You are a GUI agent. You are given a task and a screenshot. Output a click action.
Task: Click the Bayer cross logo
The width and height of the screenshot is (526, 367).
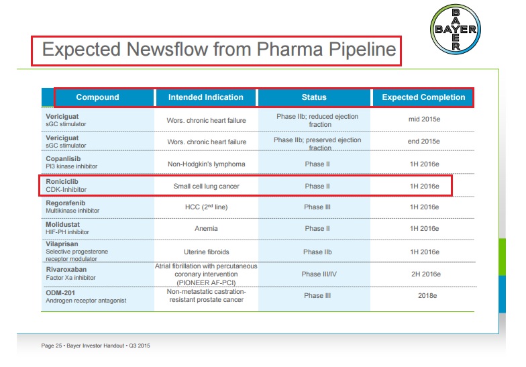pos(455,30)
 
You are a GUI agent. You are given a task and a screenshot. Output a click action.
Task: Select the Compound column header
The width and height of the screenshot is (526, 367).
pos(97,97)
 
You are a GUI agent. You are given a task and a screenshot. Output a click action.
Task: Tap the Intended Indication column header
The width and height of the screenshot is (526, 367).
pos(206,97)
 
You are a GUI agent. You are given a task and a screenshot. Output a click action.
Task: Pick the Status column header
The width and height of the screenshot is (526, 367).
pos(314,97)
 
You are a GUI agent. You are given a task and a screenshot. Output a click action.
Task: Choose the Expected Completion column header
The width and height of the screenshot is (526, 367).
pos(423,97)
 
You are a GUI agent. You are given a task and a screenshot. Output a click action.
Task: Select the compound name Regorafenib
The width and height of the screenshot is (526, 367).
pos(65,203)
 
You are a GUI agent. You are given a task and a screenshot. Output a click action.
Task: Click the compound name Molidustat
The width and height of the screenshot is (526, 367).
pos(62,224)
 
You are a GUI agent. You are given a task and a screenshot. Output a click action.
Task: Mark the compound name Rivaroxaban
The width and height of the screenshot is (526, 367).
pos(66,270)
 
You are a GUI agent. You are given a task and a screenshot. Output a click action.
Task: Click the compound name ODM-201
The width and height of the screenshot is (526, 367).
pos(60,292)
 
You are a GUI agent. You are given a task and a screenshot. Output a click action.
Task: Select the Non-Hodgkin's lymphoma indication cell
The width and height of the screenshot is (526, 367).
pos(206,164)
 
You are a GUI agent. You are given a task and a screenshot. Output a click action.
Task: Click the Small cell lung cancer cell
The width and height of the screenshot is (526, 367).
pos(206,186)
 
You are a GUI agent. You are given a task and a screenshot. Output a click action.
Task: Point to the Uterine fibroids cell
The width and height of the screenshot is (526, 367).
pos(206,252)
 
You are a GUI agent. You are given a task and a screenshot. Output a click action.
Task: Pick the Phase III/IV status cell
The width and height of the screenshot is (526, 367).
pos(314,274)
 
